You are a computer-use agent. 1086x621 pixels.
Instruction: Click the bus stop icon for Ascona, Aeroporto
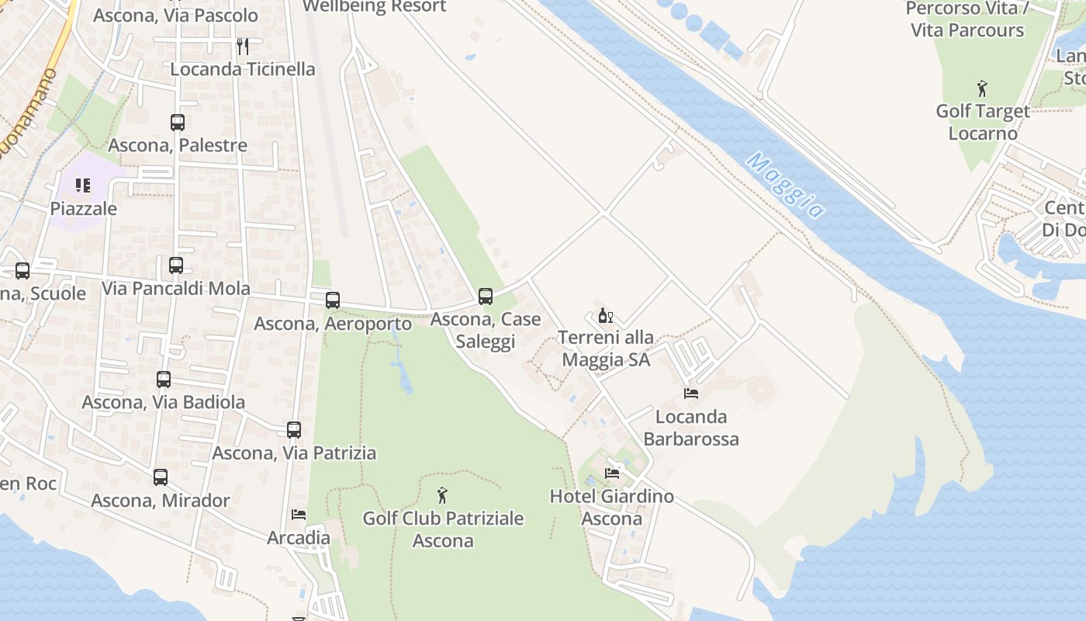(333, 300)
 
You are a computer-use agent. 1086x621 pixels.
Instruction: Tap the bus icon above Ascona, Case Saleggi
(486, 296)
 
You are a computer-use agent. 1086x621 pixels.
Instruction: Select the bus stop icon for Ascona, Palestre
(178, 122)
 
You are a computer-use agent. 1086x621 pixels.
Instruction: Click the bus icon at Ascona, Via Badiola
(164, 380)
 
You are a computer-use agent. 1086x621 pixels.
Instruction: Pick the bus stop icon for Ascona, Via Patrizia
(294, 429)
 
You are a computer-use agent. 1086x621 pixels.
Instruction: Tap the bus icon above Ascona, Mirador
(161, 477)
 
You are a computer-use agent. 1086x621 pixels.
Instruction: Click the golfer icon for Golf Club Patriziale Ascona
(442, 494)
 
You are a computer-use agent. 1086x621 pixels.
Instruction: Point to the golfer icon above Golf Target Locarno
(982, 88)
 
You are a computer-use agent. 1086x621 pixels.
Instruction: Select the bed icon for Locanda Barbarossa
(691, 394)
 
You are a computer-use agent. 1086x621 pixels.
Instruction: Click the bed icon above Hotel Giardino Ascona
(612, 473)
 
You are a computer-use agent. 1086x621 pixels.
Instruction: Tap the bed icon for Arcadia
(299, 514)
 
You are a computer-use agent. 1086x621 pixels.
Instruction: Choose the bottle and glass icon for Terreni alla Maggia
(605, 315)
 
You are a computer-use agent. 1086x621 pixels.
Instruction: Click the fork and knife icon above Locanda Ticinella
(243, 46)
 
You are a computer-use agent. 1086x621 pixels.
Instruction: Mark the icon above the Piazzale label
(83, 186)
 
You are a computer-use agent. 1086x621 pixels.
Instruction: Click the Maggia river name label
(785, 186)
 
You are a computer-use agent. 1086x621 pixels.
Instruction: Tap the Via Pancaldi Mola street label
(176, 289)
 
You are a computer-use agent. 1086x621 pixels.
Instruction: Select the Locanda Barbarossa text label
(691, 428)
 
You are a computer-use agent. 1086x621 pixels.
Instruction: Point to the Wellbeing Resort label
(375, 6)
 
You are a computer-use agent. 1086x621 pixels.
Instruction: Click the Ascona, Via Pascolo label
(175, 16)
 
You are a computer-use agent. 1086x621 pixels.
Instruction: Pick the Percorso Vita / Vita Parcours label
(967, 19)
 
